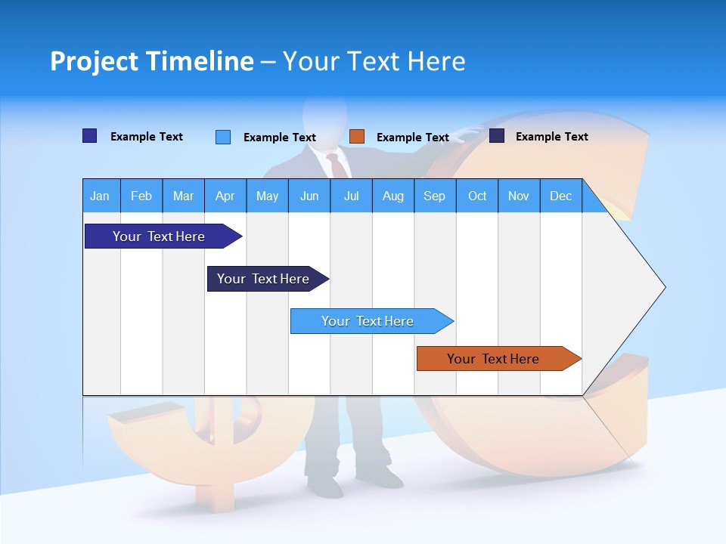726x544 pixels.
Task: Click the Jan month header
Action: pyautogui.click(x=100, y=196)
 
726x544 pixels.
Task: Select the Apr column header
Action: pyautogui.click(x=225, y=196)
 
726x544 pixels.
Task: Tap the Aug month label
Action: pyautogui.click(x=392, y=196)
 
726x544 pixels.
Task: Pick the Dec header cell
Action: pyautogui.click(x=560, y=196)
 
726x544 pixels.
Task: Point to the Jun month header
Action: pyautogui.click(x=309, y=196)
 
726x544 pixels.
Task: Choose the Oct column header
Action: pyautogui.click(x=476, y=196)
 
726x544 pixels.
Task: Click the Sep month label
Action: pyautogui.click(x=434, y=196)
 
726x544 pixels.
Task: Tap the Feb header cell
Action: pyautogui.click(x=141, y=196)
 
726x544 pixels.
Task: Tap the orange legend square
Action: pyautogui.click(x=357, y=137)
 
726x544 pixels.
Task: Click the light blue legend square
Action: pyautogui.click(x=223, y=137)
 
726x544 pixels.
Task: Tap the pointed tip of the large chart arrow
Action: pyautogui.click(x=664, y=287)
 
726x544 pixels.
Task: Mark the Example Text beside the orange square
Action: pyautogui.click(x=412, y=138)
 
